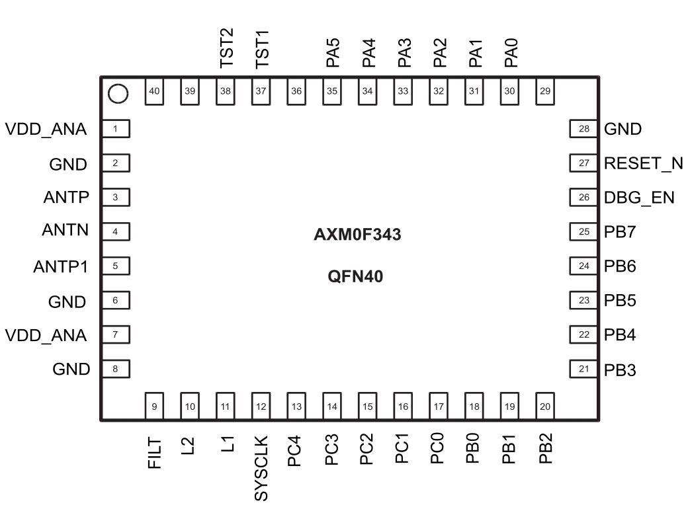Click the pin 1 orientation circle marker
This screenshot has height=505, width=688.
tap(118, 95)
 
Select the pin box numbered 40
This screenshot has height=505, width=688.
tap(154, 91)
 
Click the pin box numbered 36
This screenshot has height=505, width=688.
tap(296, 91)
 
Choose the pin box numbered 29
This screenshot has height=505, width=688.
tap(545, 91)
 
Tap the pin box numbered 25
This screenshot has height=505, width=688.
tap(583, 232)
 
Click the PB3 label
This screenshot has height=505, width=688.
tap(620, 369)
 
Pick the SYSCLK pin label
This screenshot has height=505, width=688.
tap(262, 467)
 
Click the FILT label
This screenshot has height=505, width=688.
tap(155, 452)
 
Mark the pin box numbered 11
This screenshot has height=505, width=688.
tap(226, 406)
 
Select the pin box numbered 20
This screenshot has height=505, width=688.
tap(545, 406)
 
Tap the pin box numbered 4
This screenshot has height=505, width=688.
tap(115, 232)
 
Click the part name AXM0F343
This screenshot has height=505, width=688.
tap(357, 235)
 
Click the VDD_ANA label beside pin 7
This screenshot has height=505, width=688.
tap(46, 335)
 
